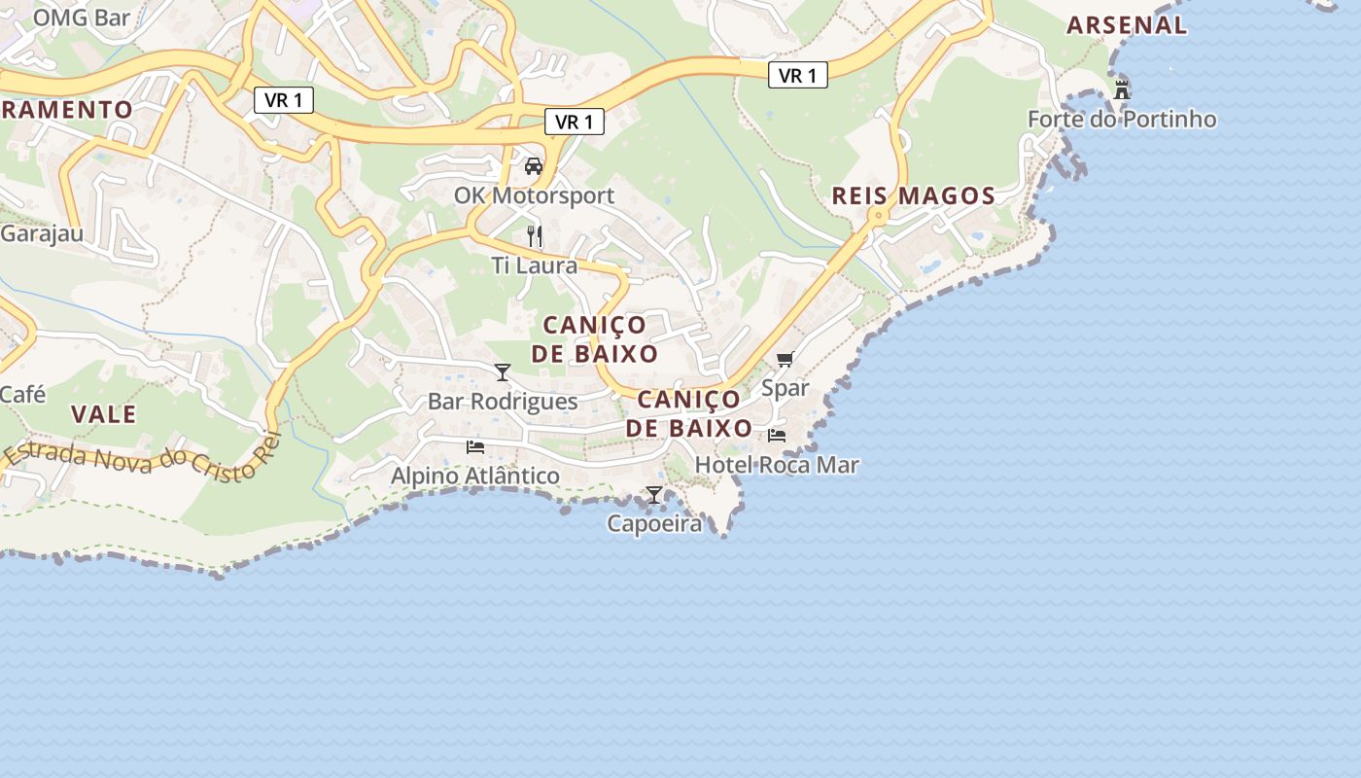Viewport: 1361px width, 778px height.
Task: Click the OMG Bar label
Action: coord(82,17)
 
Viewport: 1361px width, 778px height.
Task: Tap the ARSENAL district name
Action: coord(1127,25)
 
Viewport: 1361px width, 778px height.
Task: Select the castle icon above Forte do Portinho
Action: coord(1122,89)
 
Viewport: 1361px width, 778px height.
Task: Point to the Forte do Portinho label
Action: coord(1122,120)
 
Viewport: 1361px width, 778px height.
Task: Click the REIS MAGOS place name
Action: coord(914,196)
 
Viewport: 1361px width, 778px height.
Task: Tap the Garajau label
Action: coord(41,234)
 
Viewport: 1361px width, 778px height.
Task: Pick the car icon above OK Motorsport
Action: coord(534,165)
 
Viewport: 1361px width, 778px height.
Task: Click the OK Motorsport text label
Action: coord(534,195)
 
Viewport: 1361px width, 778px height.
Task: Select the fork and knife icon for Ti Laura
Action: coord(534,235)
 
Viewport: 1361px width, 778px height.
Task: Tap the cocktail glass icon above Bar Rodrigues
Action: coord(503,371)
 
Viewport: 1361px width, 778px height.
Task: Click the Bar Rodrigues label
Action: coord(503,402)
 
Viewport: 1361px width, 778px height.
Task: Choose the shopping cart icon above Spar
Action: coord(785,359)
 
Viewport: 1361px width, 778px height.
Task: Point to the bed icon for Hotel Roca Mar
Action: coord(777,435)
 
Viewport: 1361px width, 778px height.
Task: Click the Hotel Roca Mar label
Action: coord(777,465)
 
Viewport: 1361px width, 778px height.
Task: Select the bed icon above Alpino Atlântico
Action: coord(475,446)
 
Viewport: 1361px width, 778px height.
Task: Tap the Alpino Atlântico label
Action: coord(475,477)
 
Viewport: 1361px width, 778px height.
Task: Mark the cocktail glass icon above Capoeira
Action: coord(654,494)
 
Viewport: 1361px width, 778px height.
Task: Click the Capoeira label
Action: coord(654,524)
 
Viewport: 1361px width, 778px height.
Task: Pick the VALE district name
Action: coord(103,414)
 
